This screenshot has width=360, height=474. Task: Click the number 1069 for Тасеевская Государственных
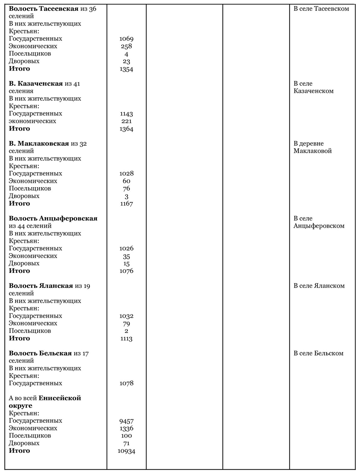126,39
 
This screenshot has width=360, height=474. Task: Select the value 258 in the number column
126,46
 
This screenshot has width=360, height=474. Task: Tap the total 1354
126,69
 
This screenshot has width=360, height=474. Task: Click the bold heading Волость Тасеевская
43,9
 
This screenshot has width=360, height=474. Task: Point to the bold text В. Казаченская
36,83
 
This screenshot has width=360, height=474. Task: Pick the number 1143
126,114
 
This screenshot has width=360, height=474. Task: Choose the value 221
126,121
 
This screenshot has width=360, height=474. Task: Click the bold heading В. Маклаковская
39,144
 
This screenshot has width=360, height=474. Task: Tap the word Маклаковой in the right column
313,151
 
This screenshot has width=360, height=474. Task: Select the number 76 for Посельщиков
126,188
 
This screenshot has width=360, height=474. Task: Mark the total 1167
126,204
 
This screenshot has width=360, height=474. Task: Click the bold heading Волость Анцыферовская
53,219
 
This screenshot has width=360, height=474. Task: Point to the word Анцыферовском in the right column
319,226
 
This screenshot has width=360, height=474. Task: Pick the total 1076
126,271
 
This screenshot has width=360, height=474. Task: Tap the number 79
126,323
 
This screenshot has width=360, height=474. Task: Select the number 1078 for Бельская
126,383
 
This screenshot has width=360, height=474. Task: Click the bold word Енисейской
60,398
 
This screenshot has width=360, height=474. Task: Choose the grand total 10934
126,451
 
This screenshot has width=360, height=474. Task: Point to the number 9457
126,421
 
